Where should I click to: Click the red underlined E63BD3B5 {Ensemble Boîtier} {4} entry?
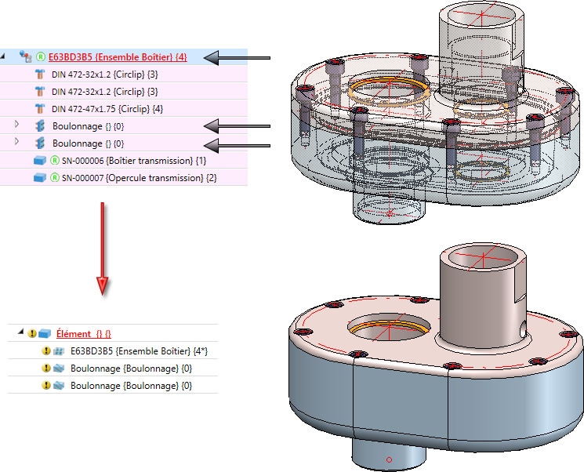click(118, 56)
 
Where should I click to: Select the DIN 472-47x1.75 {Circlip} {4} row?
click(107, 108)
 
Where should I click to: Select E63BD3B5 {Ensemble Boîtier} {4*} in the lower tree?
click(129, 351)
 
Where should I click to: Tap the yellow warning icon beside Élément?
click(32, 334)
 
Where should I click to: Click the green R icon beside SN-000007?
click(55, 178)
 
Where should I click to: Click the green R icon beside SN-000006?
click(55, 160)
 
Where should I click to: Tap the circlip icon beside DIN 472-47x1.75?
click(40, 108)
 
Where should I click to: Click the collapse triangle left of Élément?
click(21, 334)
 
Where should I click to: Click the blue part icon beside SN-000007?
click(40, 178)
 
